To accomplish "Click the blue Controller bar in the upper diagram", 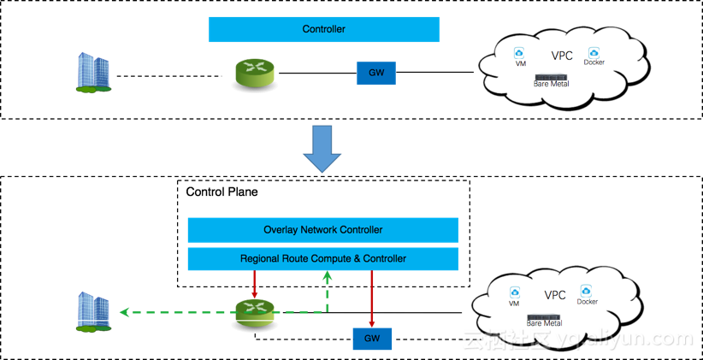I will [323, 29].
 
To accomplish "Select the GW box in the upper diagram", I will [376, 73].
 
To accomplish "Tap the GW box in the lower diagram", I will [372, 339].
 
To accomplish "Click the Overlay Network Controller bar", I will [322, 230].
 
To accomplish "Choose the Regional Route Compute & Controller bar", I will [322, 258].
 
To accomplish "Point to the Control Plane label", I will [222, 192].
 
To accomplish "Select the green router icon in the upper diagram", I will [255, 73].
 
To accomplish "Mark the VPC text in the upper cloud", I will [562, 56].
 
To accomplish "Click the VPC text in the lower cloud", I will [555, 296].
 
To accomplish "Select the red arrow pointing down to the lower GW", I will [372, 298].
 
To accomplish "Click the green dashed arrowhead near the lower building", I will [124, 312].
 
